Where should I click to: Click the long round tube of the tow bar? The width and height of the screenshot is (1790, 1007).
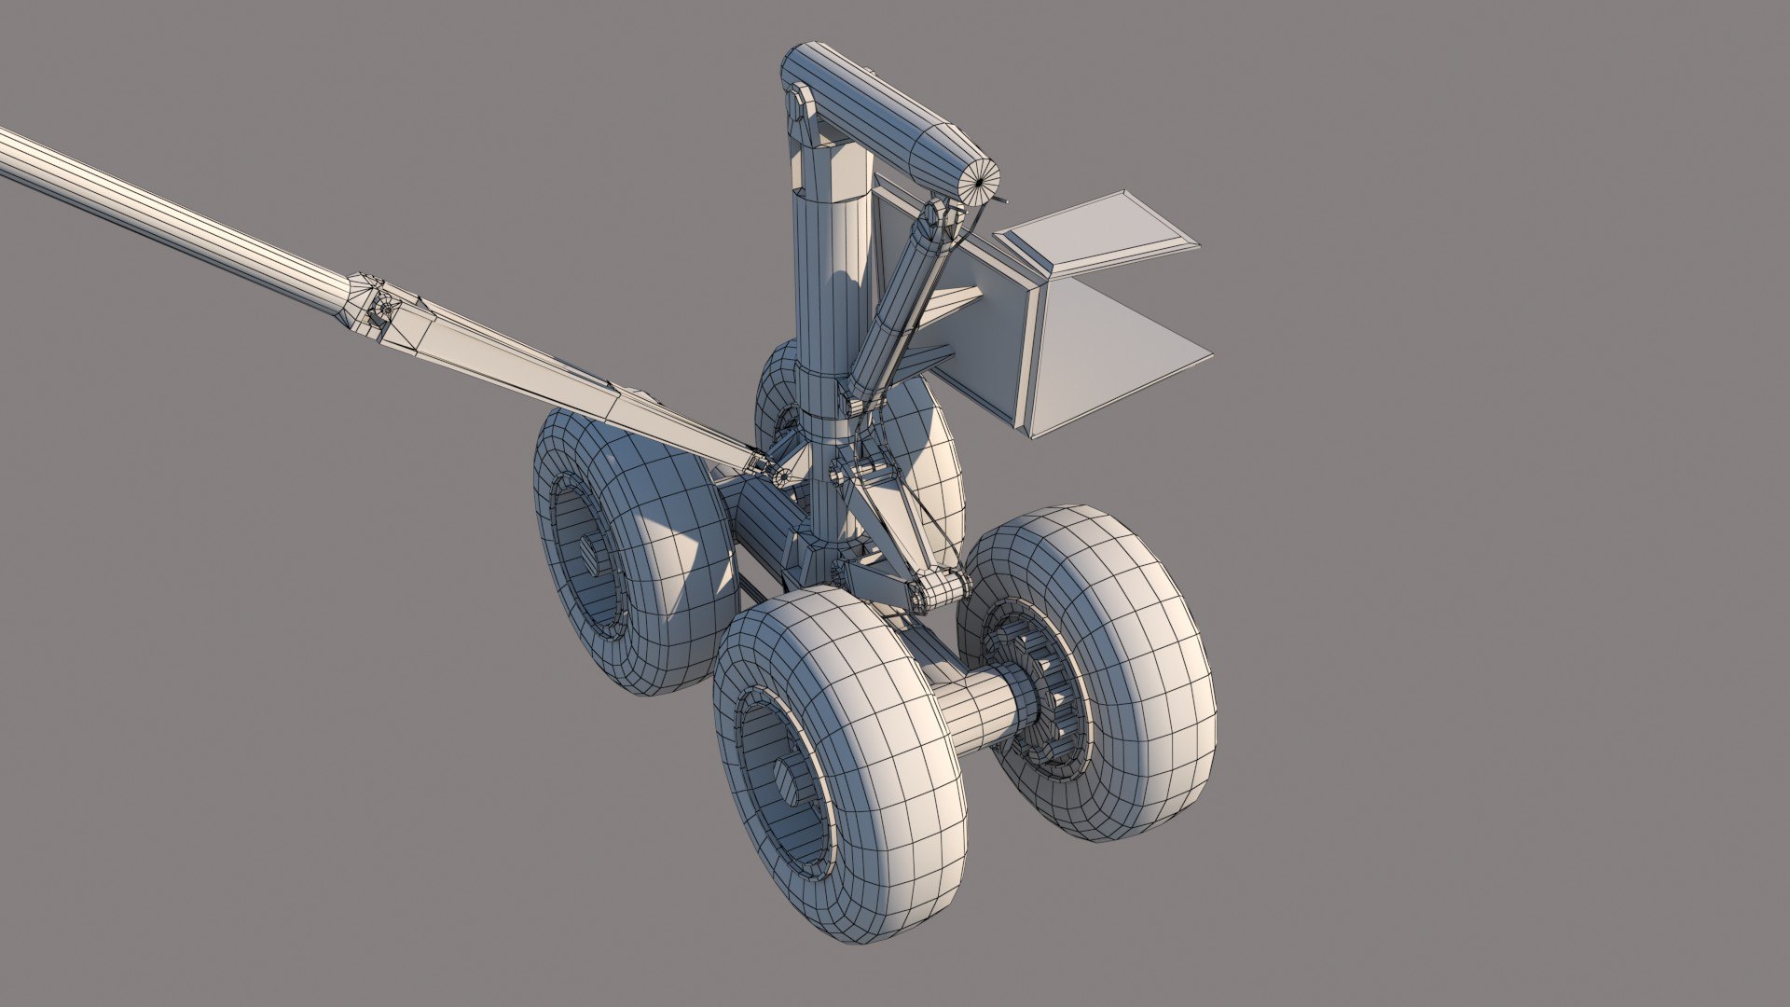click(168, 210)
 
